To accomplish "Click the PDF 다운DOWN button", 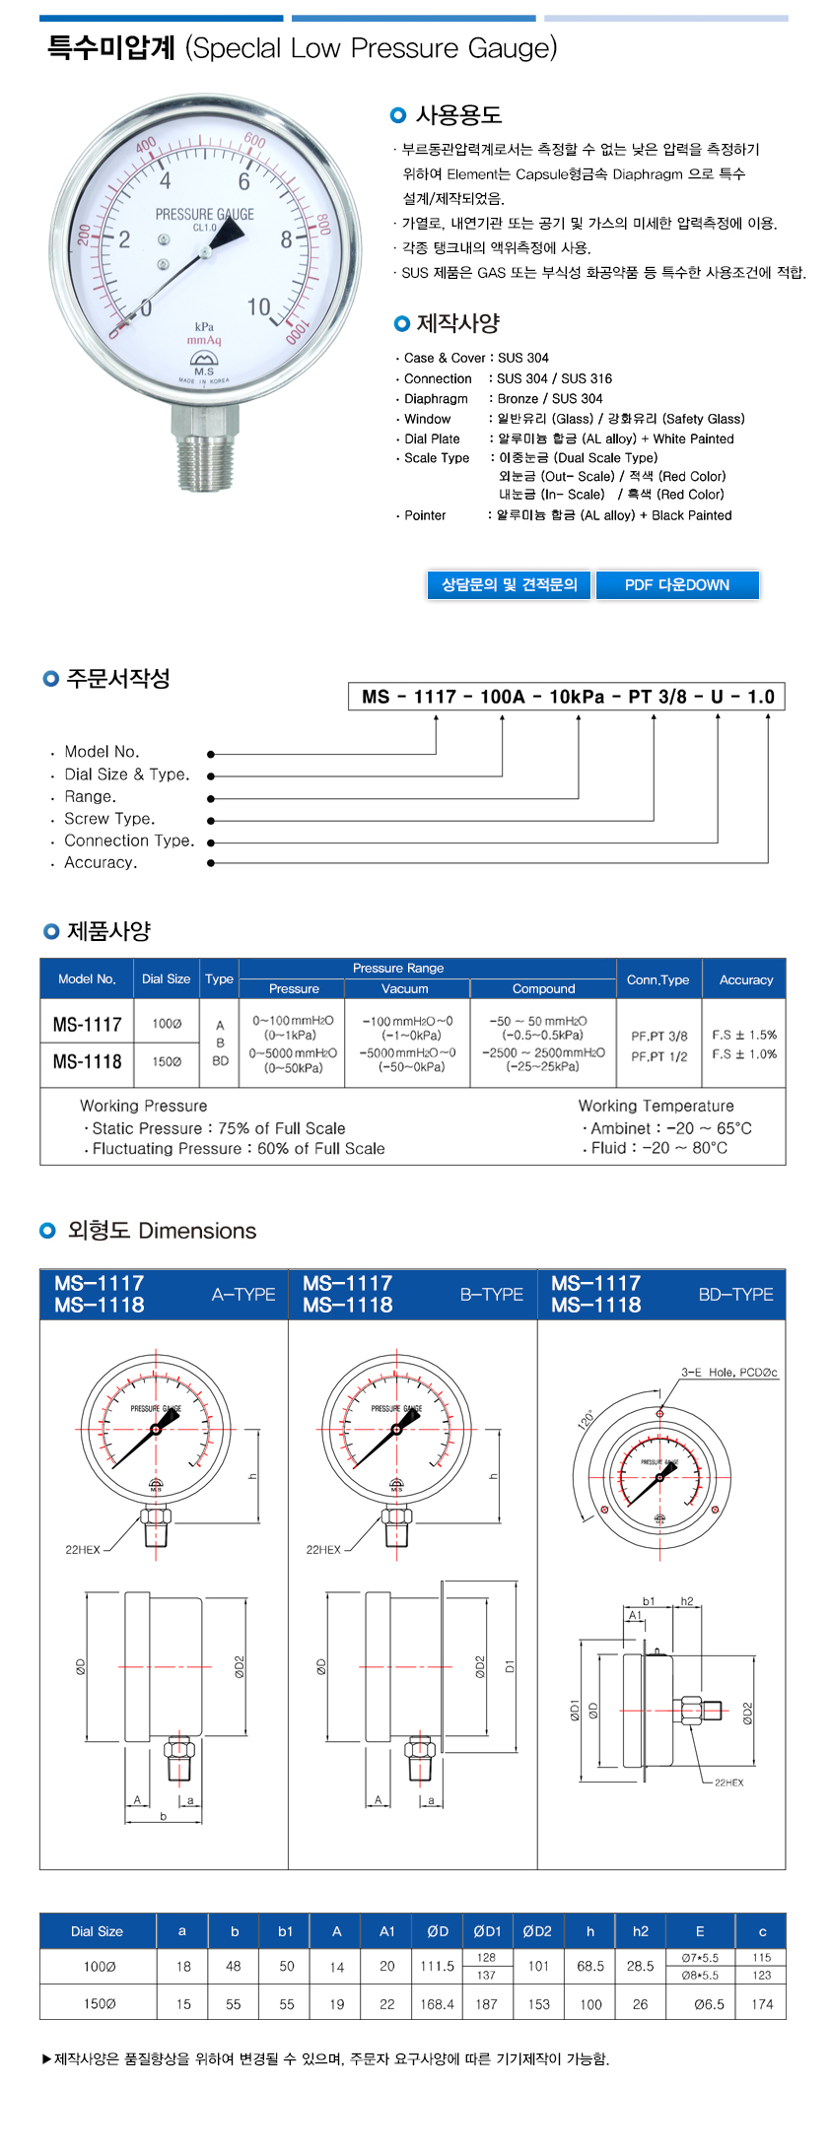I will click(677, 585).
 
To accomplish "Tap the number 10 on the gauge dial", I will click(258, 307).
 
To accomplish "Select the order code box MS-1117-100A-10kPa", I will click(567, 697).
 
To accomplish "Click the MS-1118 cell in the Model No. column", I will click(88, 1062).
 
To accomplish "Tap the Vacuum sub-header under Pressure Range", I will click(405, 989).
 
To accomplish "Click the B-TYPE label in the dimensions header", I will click(491, 1295).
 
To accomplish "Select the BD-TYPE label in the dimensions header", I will click(735, 1295).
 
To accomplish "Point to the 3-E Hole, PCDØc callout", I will click(728, 1373).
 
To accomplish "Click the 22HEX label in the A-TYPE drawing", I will click(83, 1550).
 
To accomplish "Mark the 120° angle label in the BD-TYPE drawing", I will click(587, 1420).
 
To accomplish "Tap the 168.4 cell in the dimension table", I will click(437, 2004).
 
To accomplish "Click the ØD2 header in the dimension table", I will click(537, 1931).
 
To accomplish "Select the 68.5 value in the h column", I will click(590, 1966).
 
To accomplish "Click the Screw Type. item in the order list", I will click(109, 819).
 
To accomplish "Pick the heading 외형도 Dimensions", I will click(162, 1231).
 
